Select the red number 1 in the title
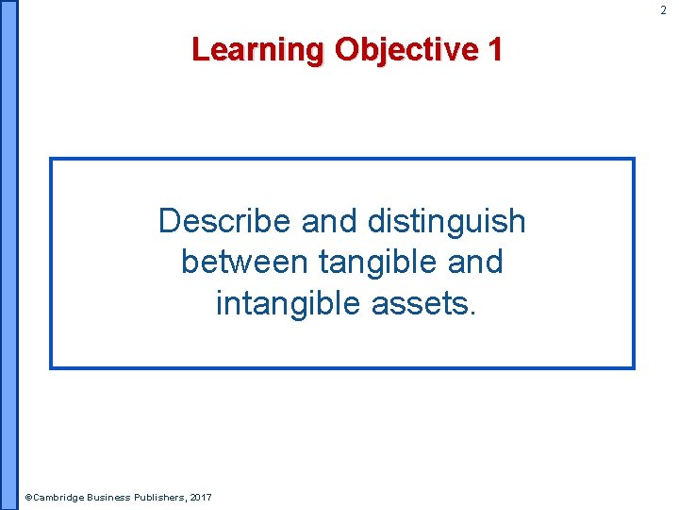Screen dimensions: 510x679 [494, 49]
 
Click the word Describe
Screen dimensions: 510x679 [225, 221]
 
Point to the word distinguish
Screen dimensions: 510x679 [446, 221]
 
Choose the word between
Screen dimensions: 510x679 [245, 262]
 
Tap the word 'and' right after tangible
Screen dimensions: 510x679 [476, 262]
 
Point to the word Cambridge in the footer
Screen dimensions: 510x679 [58, 498]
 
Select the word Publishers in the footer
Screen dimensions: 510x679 [161, 498]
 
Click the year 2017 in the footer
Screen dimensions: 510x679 [201, 498]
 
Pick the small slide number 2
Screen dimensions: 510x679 [663, 9]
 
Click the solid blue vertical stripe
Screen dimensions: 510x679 [8, 255]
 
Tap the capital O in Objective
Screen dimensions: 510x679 [345, 49]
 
